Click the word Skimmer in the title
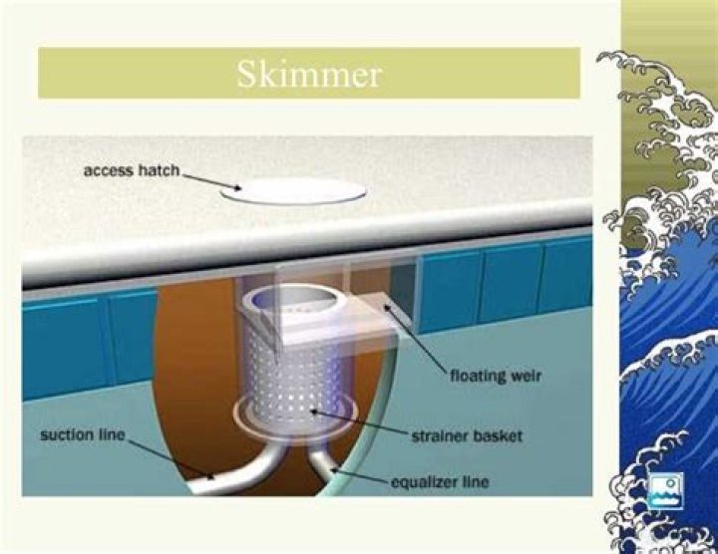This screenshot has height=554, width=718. tap(308, 75)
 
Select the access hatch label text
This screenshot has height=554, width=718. tap(131, 170)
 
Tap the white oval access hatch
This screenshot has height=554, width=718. tap(292, 191)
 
